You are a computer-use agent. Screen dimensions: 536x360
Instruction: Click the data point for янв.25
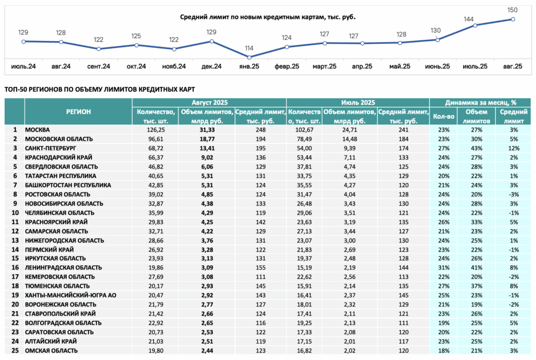249,58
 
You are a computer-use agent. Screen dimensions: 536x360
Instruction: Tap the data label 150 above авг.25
512,10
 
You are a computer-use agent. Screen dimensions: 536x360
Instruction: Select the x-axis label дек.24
211,66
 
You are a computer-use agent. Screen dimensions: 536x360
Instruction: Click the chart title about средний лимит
267,17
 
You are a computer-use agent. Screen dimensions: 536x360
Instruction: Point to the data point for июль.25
475,25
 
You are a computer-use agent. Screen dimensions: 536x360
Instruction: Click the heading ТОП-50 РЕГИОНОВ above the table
99,89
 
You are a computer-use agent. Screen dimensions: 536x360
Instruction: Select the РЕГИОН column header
79,111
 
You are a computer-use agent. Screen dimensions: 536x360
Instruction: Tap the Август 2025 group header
209,103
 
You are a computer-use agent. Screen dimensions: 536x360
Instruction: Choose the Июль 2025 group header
358,103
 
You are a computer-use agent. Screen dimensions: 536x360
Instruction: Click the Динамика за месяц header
481,103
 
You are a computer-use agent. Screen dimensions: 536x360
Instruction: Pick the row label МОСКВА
37,130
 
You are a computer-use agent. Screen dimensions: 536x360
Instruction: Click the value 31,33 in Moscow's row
207,130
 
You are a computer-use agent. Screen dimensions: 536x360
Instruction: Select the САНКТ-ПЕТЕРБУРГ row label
51,148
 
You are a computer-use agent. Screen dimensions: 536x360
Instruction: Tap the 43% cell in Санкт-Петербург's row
476,148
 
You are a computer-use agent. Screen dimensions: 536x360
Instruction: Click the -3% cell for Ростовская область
513,194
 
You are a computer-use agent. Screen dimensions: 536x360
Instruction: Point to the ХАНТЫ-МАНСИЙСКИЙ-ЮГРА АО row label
71,295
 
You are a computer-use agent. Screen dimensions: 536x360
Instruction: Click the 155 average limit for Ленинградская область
261,267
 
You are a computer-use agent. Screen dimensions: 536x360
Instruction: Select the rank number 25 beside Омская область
15,351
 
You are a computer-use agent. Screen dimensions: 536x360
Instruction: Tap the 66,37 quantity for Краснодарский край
156,157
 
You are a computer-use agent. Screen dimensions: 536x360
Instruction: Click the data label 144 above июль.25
468,19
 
